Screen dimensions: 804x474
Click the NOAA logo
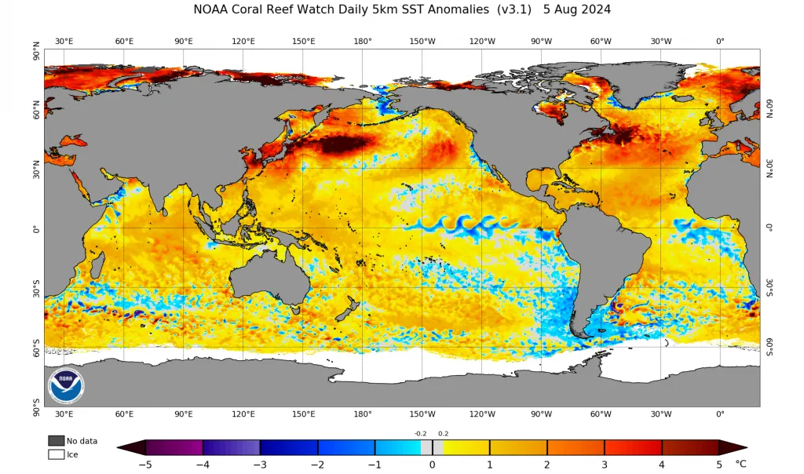click(x=66, y=385)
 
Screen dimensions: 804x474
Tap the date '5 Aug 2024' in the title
click(x=577, y=9)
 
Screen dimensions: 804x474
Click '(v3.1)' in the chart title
click(x=513, y=9)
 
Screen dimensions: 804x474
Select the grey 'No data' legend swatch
click(x=57, y=441)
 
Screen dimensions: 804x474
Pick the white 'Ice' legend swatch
click(x=57, y=454)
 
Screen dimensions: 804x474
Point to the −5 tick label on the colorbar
click(x=145, y=465)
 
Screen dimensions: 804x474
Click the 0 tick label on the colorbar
click(x=433, y=465)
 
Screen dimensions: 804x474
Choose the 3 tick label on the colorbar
click(x=605, y=465)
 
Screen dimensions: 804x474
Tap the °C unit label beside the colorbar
click(x=740, y=464)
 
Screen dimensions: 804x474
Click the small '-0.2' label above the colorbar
click(x=421, y=433)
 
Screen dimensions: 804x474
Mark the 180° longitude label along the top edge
click(x=363, y=41)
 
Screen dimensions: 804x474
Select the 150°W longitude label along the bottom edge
click(x=422, y=414)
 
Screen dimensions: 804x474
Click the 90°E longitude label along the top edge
click(x=184, y=41)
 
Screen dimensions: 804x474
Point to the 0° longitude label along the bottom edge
click(x=721, y=414)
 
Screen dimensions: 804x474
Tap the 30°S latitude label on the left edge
click(x=36, y=289)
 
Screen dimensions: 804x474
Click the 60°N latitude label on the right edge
click(x=769, y=108)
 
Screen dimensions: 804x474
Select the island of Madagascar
click(x=98, y=261)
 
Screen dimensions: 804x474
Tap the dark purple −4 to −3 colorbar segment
click(x=232, y=447)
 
